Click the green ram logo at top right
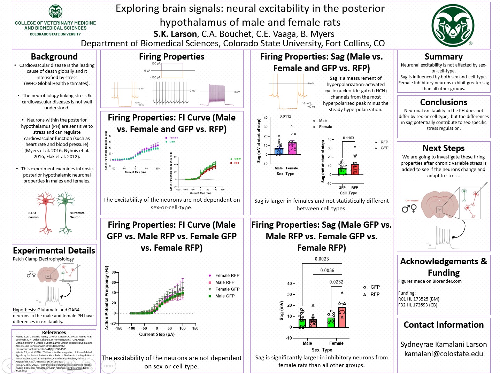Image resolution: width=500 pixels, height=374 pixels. pyautogui.click(x=453, y=25)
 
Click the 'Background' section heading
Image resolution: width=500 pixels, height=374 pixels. pyautogui.click(x=54, y=57)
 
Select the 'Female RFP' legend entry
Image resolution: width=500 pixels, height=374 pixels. pyautogui.click(x=227, y=275)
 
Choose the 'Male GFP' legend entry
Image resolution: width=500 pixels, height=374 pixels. pyautogui.click(x=225, y=296)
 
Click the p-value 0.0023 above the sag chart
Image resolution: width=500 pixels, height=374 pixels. pyautogui.click(x=322, y=259)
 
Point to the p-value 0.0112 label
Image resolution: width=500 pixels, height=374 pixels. pyautogui.click(x=285, y=117)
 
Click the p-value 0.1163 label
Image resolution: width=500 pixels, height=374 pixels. pyautogui.click(x=348, y=138)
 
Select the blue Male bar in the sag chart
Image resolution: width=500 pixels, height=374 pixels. pyautogui.click(x=279, y=151)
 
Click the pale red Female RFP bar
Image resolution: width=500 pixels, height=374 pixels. pyautogui.click(x=342, y=317)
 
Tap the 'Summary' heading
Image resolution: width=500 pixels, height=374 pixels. pyautogui.click(x=444, y=57)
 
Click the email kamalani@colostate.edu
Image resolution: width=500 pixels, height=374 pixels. pyautogui.click(x=444, y=354)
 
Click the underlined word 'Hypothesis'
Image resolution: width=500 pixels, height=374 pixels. pyautogui.click(x=24, y=310)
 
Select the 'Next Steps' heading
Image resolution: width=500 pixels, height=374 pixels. pyautogui.click(x=443, y=148)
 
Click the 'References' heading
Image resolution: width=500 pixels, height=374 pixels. pyautogui.click(x=54, y=333)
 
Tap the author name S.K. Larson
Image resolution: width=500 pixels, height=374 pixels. pyautogui.click(x=175, y=34)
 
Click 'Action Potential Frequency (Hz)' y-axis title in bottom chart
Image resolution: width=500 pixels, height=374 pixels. pyautogui.click(x=107, y=298)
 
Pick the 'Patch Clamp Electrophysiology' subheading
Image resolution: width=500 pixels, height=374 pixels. pyautogui.click(x=43, y=259)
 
